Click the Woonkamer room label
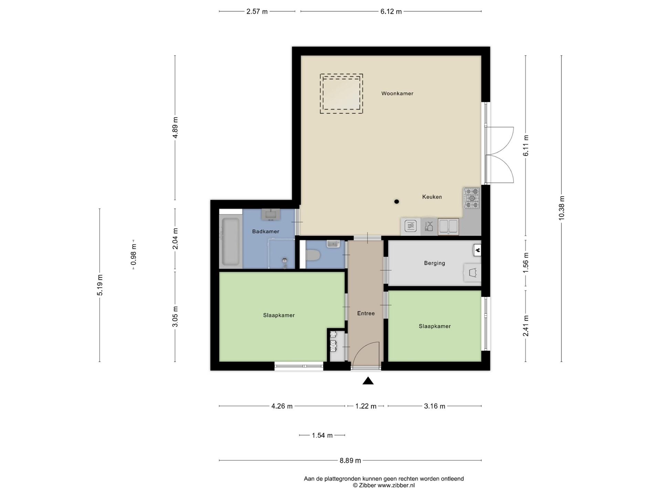click(x=397, y=93)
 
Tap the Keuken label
click(x=432, y=197)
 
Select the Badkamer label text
click(x=265, y=231)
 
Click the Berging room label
click(x=434, y=263)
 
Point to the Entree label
click(x=366, y=313)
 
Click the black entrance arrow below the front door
click(x=368, y=381)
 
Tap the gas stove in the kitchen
click(x=472, y=198)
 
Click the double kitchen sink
click(x=449, y=227)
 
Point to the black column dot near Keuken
click(x=397, y=201)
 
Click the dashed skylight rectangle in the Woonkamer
click(x=341, y=94)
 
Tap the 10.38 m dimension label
click(x=562, y=208)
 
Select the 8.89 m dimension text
click(x=350, y=460)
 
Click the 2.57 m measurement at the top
click(x=257, y=11)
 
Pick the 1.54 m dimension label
click(x=322, y=435)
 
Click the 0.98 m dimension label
click(x=134, y=255)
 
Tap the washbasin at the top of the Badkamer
click(x=271, y=214)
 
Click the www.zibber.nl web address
click(x=396, y=486)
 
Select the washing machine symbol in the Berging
click(x=472, y=273)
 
